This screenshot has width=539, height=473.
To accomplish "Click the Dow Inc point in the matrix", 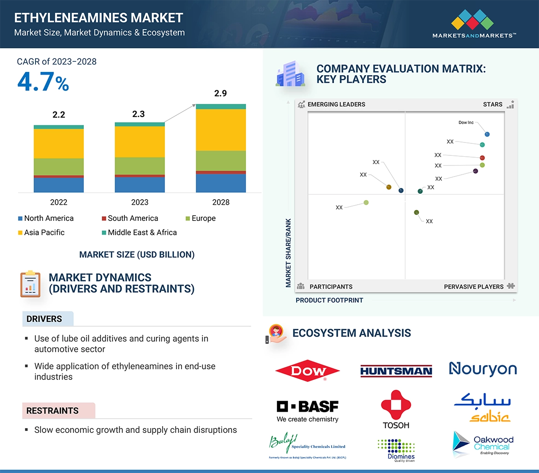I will pyautogui.click(x=487, y=135).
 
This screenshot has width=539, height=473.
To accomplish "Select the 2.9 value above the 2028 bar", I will pyautogui.click(x=220, y=94).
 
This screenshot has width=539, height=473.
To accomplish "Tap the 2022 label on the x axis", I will pyautogui.click(x=59, y=202).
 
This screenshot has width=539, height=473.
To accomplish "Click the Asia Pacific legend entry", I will pyautogui.click(x=41, y=232).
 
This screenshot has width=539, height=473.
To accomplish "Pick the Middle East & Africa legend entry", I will pyautogui.click(x=139, y=232).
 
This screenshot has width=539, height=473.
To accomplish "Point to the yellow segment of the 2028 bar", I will pyautogui.click(x=221, y=130).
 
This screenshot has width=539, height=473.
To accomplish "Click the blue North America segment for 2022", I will pyautogui.click(x=59, y=185).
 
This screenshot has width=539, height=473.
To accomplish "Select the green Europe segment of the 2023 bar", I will pyautogui.click(x=140, y=166).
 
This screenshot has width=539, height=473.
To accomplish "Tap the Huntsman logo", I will pyautogui.click(x=396, y=371).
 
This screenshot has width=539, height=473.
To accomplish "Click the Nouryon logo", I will pyautogui.click(x=483, y=369).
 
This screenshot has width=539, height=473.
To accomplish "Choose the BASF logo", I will pyautogui.click(x=307, y=410).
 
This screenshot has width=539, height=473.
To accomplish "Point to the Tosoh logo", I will pyautogui.click(x=395, y=409).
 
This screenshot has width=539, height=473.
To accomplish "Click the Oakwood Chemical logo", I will pyautogui.click(x=483, y=445).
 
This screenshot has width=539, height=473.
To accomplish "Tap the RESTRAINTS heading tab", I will pyautogui.click(x=53, y=411).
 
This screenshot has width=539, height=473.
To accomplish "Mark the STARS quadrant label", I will pyautogui.click(x=492, y=105).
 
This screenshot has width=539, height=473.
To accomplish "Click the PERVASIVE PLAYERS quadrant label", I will pyautogui.click(x=474, y=287).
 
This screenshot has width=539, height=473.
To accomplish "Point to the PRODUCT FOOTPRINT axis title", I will pyautogui.click(x=329, y=300).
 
